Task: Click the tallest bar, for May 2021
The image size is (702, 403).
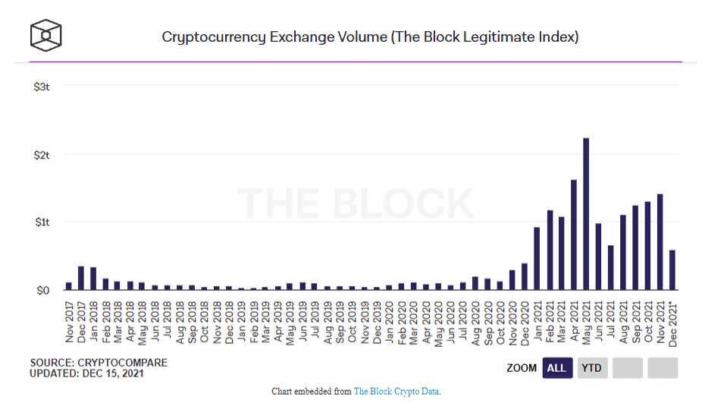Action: (x=586, y=214)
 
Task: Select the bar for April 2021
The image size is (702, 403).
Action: (x=574, y=235)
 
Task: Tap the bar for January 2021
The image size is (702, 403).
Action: (x=537, y=258)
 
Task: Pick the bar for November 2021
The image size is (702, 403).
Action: (x=660, y=241)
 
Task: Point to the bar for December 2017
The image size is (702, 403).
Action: (x=81, y=278)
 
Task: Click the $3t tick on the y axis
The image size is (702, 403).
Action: (x=42, y=87)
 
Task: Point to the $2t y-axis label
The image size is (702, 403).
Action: (x=42, y=154)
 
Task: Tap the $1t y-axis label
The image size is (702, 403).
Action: (x=42, y=222)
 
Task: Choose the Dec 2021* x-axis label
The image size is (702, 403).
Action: (x=673, y=322)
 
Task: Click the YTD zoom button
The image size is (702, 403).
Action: (x=592, y=368)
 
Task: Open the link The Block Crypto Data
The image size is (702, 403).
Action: (x=396, y=392)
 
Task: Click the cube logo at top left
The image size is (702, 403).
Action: (x=45, y=35)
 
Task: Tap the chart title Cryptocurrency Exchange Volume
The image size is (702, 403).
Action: (x=370, y=36)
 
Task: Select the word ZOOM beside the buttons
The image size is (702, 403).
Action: (x=522, y=368)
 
